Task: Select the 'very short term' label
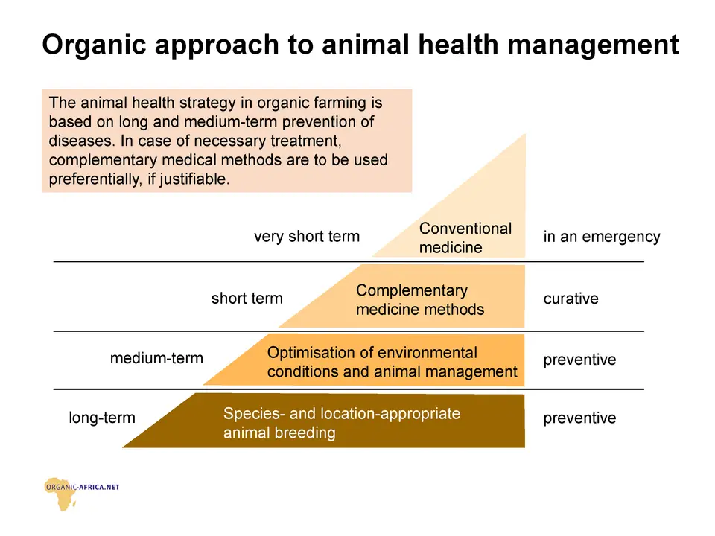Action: pyautogui.click(x=307, y=237)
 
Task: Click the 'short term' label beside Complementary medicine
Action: pyautogui.click(x=247, y=299)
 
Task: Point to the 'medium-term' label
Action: pyautogui.click(x=156, y=358)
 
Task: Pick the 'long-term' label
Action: pyautogui.click(x=102, y=418)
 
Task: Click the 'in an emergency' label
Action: pyautogui.click(x=602, y=237)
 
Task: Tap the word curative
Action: pyautogui.click(x=571, y=299)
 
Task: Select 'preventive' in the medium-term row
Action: pyautogui.click(x=579, y=360)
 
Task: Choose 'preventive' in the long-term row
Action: pyautogui.click(x=579, y=418)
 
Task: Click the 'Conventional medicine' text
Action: pyautogui.click(x=465, y=238)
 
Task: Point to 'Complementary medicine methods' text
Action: pyautogui.click(x=420, y=300)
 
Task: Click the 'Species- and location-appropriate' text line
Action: pyautogui.click(x=342, y=414)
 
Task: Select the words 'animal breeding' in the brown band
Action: pyautogui.click(x=279, y=433)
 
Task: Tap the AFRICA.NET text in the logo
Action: pyautogui.click(x=101, y=487)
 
